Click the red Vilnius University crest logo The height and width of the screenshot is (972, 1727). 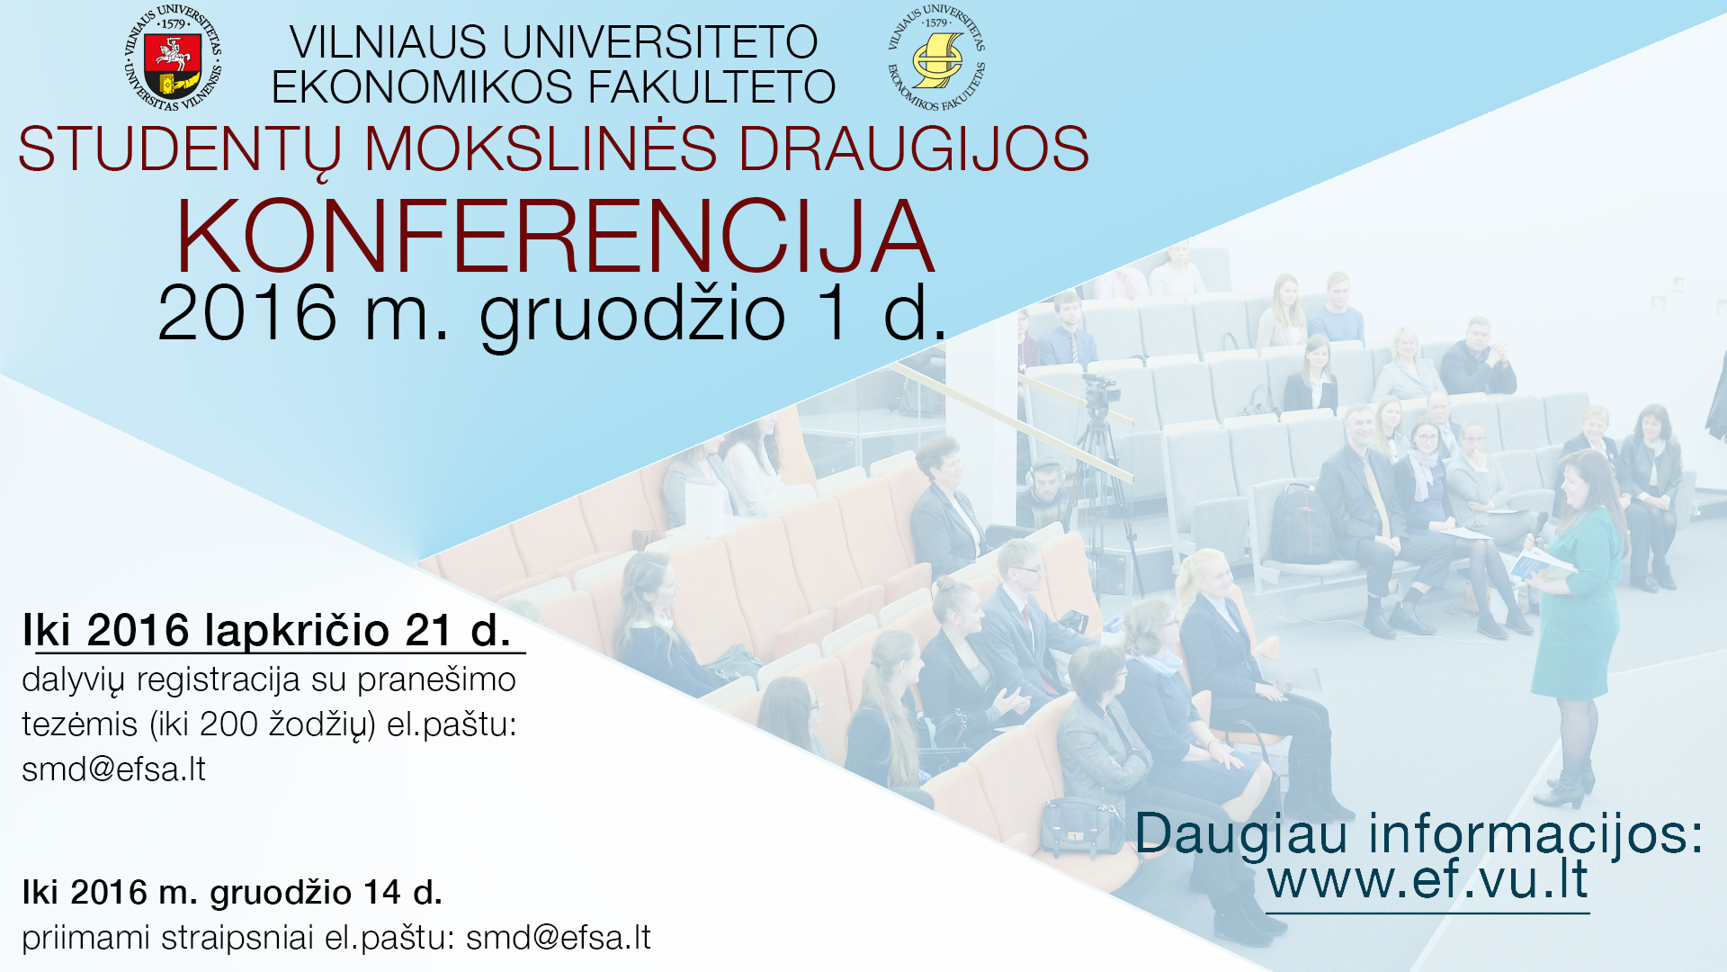point(173,58)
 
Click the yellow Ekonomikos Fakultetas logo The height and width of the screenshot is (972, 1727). point(936,58)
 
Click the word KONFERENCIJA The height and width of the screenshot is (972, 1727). point(555,236)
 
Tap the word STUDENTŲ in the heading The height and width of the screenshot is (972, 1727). point(180,150)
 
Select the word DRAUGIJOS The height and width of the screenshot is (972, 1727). point(914,148)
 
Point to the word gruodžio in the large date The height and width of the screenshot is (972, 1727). point(632,314)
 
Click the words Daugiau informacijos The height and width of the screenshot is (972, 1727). point(1418,833)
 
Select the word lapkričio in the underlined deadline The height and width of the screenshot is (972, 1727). point(297,630)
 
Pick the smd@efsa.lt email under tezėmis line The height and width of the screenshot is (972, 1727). point(114,769)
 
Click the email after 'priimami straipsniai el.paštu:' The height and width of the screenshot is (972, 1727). point(559,938)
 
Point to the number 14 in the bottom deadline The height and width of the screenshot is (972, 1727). point(382,892)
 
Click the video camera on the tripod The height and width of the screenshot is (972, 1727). point(1100,390)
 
